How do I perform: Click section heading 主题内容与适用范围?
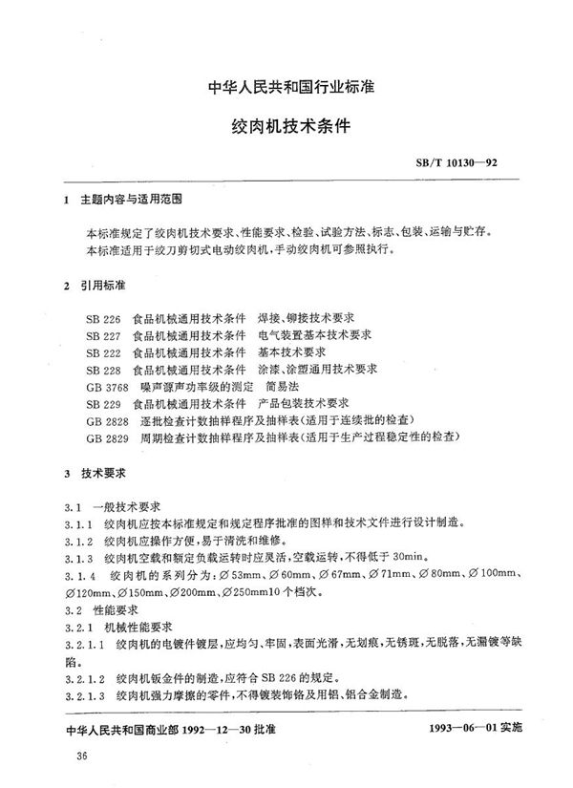pos(128,204)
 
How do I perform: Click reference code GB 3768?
pos(104,386)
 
